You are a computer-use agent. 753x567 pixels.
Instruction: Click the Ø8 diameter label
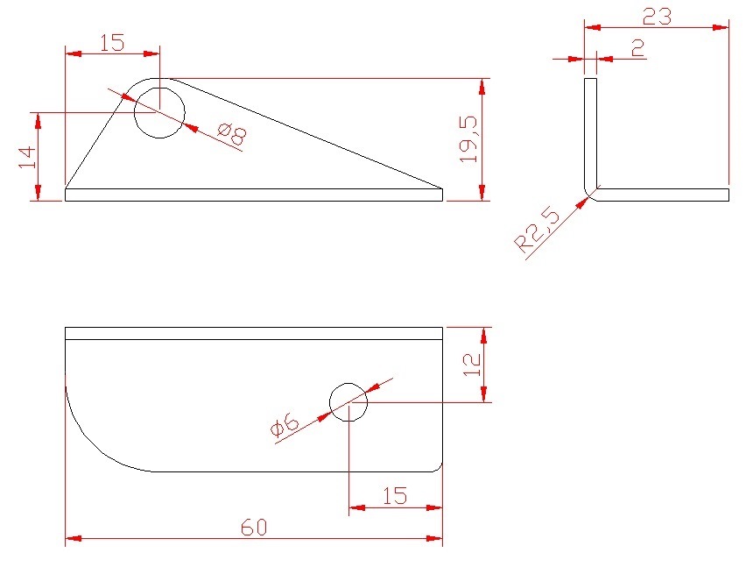(x=232, y=135)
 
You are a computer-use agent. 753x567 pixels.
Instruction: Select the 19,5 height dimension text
(x=468, y=139)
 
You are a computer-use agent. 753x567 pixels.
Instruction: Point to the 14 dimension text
(x=27, y=158)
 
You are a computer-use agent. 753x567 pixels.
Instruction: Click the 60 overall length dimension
(x=254, y=528)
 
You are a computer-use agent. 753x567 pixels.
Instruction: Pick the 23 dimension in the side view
(x=657, y=18)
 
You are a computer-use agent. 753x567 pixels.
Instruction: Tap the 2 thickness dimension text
(x=637, y=48)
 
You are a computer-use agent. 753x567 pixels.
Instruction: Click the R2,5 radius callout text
(x=538, y=230)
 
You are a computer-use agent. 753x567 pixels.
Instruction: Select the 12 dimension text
(x=472, y=365)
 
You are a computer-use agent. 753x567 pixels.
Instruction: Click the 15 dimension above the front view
(x=112, y=43)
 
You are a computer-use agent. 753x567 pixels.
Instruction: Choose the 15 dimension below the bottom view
(x=395, y=496)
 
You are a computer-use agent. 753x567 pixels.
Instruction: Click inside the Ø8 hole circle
(x=159, y=113)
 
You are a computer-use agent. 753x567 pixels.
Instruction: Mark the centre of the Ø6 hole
(x=348, y=402)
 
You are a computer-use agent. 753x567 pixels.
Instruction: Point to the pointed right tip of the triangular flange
(x=442, y=188)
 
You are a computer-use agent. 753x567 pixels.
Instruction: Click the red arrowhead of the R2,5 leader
(x=582, y=203)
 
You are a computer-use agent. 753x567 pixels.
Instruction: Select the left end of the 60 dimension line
(x=66, y=539)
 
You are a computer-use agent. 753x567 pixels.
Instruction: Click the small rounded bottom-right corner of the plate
(x=439, y=469)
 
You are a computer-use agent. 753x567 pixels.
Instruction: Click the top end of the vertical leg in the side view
(x=590, y=78)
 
